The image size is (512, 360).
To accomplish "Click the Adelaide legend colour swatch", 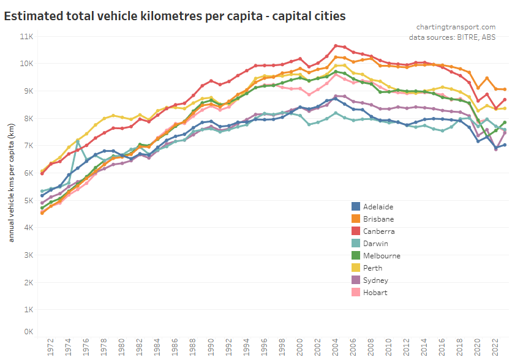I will (x=355, y=206).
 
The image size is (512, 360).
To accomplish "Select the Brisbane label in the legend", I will (x=378, y=219).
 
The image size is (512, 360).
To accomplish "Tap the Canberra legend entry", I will (x=378, y=231).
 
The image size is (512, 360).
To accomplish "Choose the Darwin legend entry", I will (x=375, y=243).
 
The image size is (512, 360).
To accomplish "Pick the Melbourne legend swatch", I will (x=355, y=255).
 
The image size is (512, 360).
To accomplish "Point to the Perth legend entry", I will (x=372, y=268).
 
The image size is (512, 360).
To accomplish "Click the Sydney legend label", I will (x=374, y=280).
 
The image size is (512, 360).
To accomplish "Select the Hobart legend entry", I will (x=375, y=292).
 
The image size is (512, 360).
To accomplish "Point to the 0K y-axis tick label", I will (x=28, y=331).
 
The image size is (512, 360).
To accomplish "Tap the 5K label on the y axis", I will (x=28, y=200).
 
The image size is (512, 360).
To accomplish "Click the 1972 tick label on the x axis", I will (x=51, y=347).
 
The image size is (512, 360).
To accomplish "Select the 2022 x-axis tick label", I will (x=495, y=347).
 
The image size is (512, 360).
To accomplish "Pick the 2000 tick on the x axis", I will (x=300, y=347).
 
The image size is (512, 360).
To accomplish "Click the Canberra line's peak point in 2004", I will (x=336, y=45).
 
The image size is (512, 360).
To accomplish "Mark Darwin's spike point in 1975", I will (x=78, y=141).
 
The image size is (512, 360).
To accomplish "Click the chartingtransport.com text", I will (x=456, y=26).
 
